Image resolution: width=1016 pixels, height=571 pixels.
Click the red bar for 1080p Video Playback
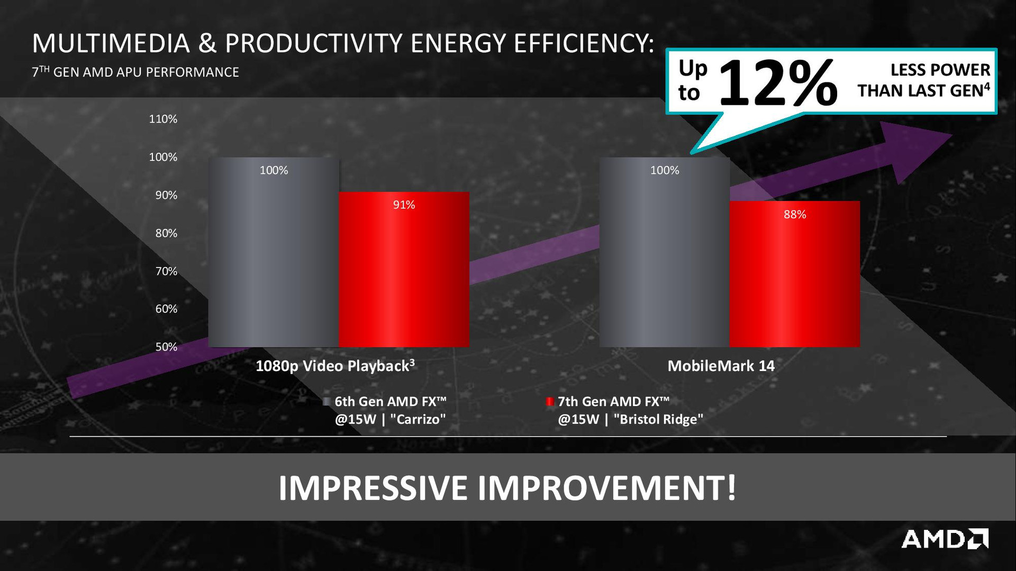tap(404, 270)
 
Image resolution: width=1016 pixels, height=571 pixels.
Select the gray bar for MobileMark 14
tap(665, 252)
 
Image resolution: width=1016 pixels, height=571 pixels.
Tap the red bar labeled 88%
tap(795, 274)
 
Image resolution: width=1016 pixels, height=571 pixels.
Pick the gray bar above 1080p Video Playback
tap(274, 252)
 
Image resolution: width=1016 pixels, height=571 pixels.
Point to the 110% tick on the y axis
tap(163, 119)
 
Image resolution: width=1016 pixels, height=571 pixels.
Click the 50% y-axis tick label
tap(166, 347)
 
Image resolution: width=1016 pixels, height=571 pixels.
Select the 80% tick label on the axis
tap(166, 233)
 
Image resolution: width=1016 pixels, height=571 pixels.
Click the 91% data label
tap(404, 205)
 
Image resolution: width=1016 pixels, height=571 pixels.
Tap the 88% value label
tap(795, 215)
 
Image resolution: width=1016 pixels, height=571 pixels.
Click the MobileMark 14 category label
tap(721, 366)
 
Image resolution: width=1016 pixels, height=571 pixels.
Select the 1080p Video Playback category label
tap(335, 366)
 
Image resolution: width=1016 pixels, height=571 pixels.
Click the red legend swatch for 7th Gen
tap(550, 402)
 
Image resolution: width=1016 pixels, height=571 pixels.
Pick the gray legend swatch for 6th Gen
tap(327, 402)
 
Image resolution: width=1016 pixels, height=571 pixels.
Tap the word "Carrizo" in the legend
tap(418, 419)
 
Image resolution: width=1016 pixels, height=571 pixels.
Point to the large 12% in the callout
tap(778, 83)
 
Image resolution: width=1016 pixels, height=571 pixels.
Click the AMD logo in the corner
tap(945, 539)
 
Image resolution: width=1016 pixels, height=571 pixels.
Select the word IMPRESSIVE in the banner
tap(373, 488)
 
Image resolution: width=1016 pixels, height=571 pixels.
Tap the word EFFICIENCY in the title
tap(584, 43)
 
